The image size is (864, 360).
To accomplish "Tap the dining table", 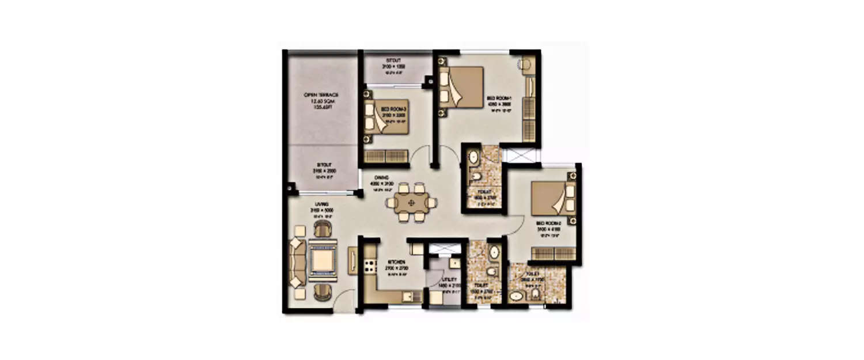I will pos(411,203).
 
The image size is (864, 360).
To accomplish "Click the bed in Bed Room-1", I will pos(461,86).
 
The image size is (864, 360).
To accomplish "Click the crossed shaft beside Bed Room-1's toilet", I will pos(513,155).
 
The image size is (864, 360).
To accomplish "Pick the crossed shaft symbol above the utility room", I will pos(444,248).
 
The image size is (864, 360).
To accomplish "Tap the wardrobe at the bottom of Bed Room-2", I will pos(553,253).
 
